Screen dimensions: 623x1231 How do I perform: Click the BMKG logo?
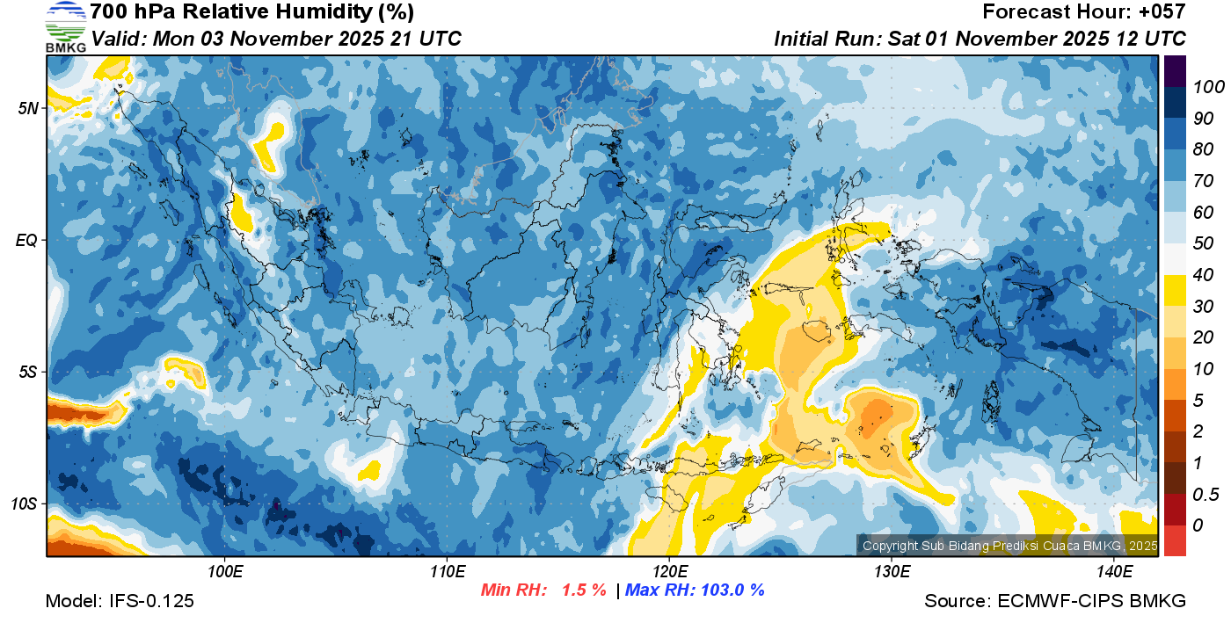(x=66, y=26)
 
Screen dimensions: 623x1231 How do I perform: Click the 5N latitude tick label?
(x=27, y=108)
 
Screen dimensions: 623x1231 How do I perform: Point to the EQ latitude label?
(x=26, y=240)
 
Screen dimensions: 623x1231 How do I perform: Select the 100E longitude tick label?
(x=225, y=572)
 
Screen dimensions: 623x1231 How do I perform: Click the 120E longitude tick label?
(x=669, y=572)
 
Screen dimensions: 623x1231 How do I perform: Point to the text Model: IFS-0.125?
(x=120, y=601)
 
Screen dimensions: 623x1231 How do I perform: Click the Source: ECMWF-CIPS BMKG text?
(x=1055, y=601)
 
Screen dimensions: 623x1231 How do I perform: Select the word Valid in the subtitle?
(x=117, y=39)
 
